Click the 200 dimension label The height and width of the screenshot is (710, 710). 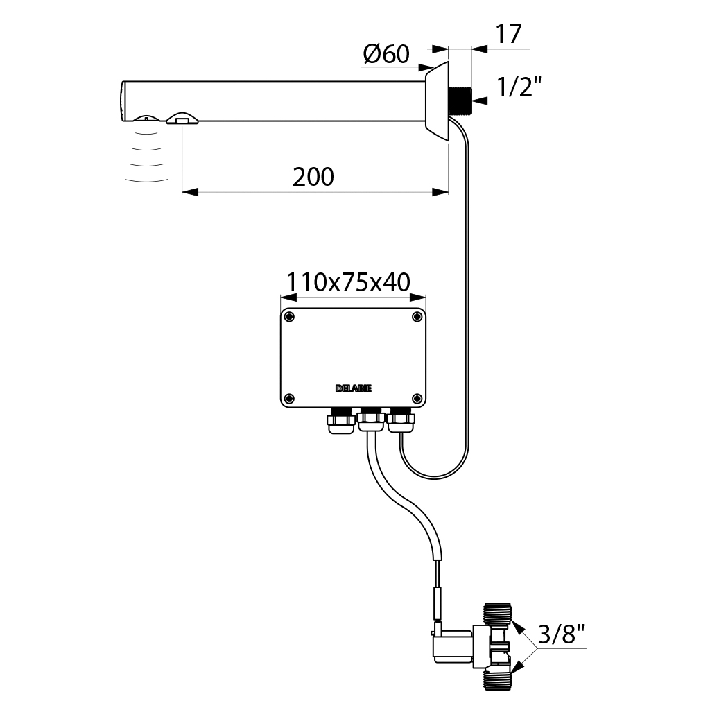313,177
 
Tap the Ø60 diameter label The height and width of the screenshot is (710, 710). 386,54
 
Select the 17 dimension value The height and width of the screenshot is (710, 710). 509,34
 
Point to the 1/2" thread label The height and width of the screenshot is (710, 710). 519,87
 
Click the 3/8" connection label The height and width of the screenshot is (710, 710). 562,634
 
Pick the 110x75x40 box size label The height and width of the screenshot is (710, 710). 349,282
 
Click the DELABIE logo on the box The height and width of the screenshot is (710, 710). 353,390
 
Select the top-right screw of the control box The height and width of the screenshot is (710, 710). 417,317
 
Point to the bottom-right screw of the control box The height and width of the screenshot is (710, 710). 417,398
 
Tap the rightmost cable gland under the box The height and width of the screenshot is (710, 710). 400,419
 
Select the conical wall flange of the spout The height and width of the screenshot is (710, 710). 438,101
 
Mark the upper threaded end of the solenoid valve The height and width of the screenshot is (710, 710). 498,614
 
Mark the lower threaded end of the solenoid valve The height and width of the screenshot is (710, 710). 498,678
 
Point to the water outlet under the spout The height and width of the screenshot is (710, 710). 182,120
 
